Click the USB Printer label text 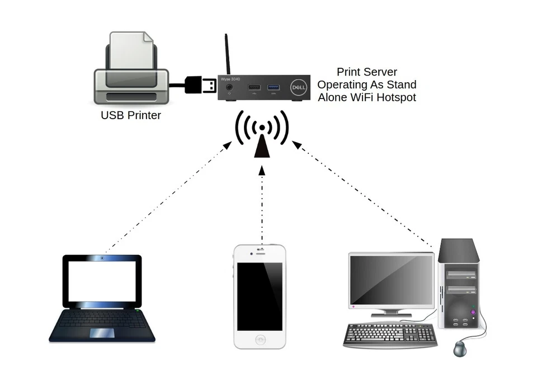130,116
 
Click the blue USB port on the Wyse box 274,87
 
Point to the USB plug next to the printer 201,85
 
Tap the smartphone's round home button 260,339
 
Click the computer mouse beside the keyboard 460,349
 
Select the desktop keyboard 390,335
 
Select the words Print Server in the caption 366,72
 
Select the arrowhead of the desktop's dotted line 296,146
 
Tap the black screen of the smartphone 260,296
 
